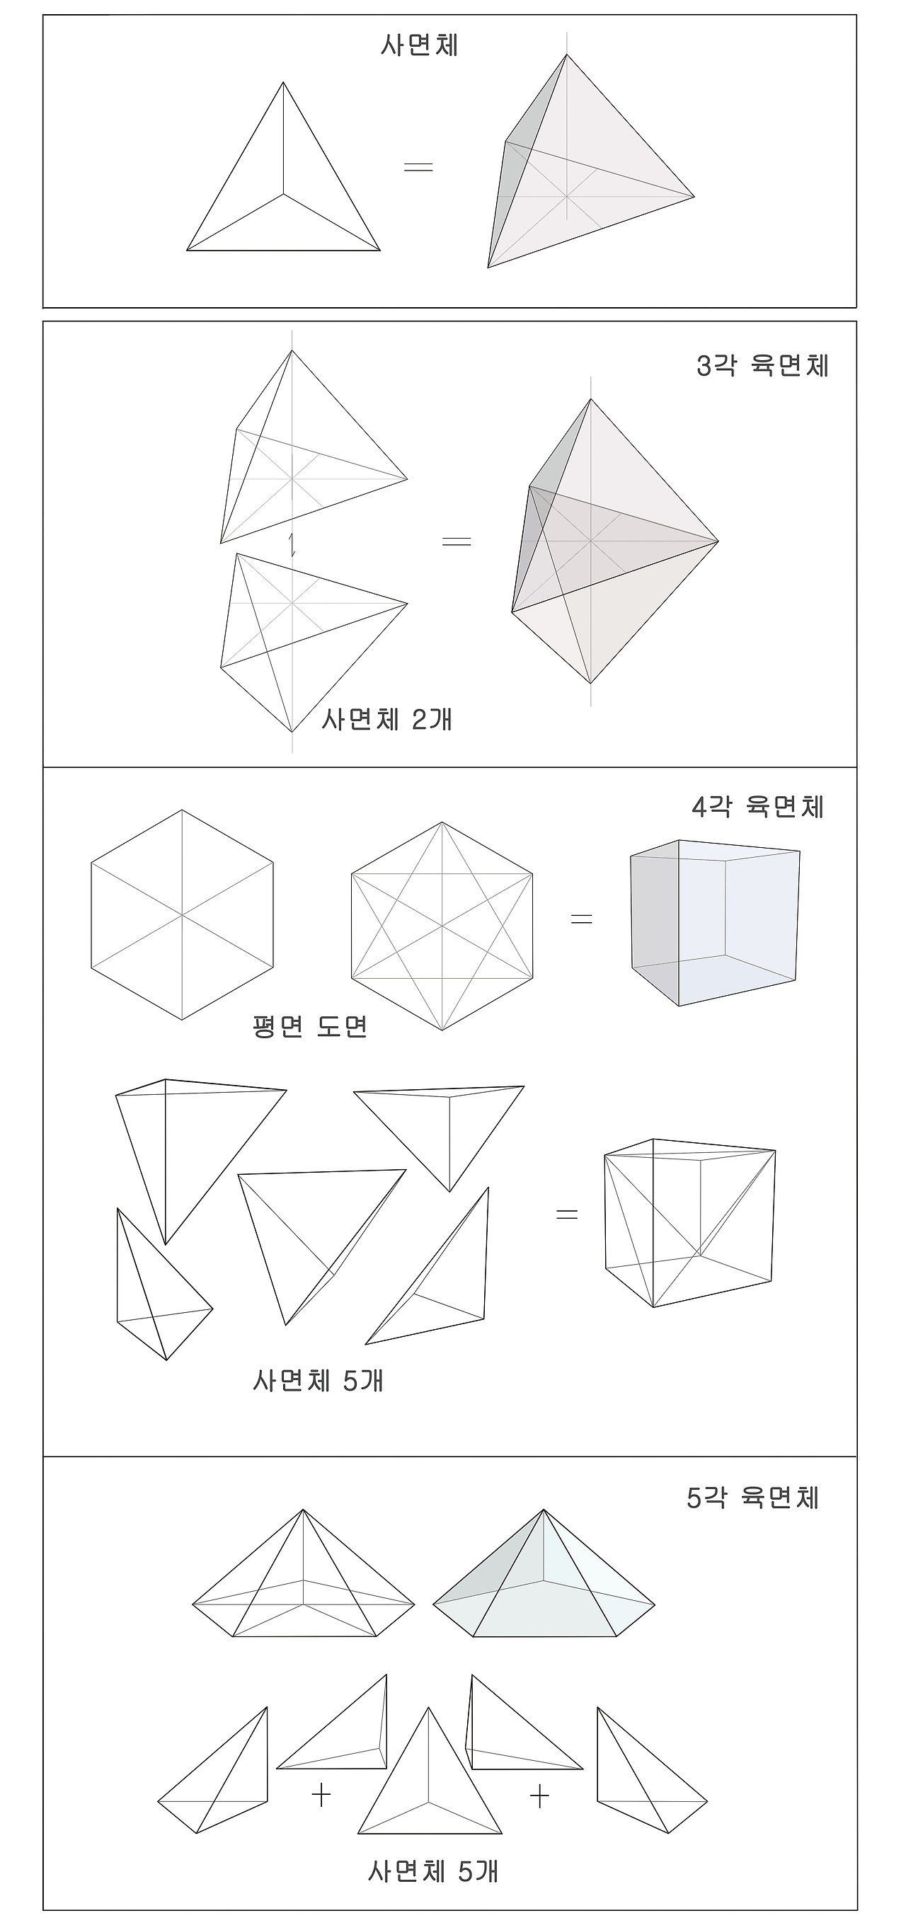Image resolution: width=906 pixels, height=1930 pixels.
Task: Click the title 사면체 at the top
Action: pyautogui.click(x=419, y=46)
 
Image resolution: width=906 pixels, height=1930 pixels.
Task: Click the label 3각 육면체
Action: pyautogui.click(x=762, y=367)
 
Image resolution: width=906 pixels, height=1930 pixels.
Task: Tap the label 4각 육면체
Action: pyautogui.click(x=757, y=808)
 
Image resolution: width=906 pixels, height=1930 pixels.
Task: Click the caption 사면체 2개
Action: pyautogui.click(x=386, y=720)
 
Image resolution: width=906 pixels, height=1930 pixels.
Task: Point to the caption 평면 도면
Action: pyautogui.click(x=310, y=1026)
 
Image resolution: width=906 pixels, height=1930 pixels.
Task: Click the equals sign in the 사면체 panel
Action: pyautogui.click(x=418, y=167)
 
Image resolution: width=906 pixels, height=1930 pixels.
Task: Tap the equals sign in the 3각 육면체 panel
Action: pyautogui.click(x=457, y=541)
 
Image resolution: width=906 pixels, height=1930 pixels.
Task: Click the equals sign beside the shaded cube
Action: pyautogui.click(x=582, y=919)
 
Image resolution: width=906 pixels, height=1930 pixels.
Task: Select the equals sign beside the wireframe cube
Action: pyautogui.click(x=567, y=1214)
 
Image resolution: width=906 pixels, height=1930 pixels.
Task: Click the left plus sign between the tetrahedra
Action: pyautogui.click(x=321, y=1795)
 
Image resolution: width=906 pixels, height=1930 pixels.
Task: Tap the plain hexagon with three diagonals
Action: pyautogui.click(x=182, y=915)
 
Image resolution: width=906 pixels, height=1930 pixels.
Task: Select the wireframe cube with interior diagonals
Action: pyautogui.click(x=689, y=1223)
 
